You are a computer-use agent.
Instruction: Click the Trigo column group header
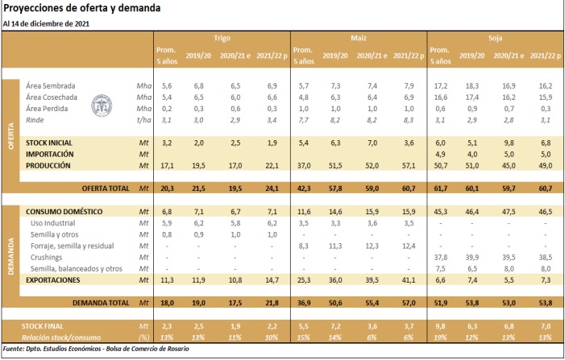tap(222, 38)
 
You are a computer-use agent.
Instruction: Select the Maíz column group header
tap(359, 38)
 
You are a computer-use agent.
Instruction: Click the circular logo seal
tap(104, 103)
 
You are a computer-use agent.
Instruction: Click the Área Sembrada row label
tap(46, 85)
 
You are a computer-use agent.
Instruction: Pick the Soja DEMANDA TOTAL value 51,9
tap(442, 302)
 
